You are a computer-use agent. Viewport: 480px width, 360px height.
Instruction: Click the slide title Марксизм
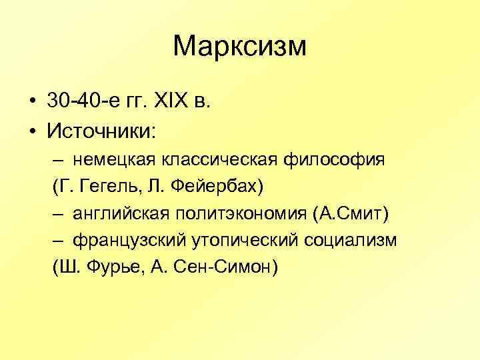[x=239, y=47]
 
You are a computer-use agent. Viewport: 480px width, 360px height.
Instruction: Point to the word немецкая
[x=109, y=160]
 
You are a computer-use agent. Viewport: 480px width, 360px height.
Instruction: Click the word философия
[x=335, y=160]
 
